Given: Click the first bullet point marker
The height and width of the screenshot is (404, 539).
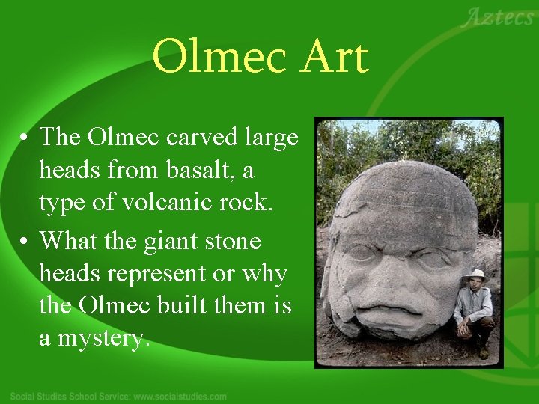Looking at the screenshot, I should tap(25, 138).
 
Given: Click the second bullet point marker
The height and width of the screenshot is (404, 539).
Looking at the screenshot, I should tap(25, 241).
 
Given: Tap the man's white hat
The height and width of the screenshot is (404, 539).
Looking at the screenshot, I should tap(474, 274).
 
